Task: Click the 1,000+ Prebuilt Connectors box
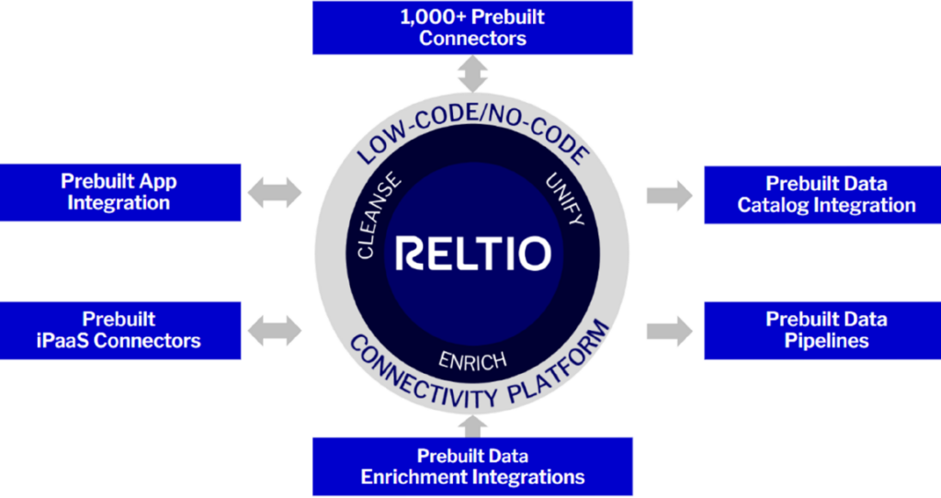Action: coord(472,28)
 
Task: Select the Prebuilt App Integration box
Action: coord(120,192)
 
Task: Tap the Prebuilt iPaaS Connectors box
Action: coord(120,330)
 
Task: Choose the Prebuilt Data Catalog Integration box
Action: coord(822,195)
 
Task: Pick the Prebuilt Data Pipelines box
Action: coord(822,330)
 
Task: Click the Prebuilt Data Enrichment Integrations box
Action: coord(472,466)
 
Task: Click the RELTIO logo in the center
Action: coord(473,254)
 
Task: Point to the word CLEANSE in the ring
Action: coord(379,215)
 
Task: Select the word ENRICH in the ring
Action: coord(473,361)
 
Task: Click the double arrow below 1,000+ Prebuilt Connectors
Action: coord(472,74)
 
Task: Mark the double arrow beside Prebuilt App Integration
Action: coord(275,193)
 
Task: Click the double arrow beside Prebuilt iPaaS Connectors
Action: coord(275,331)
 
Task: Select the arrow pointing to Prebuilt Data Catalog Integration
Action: coord(670,195)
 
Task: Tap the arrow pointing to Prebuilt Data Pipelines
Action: coord(670,331)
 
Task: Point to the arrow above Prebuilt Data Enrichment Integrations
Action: coord(472,426)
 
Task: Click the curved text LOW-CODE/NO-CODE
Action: coord(473,120)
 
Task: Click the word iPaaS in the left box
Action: coord(63,341)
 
